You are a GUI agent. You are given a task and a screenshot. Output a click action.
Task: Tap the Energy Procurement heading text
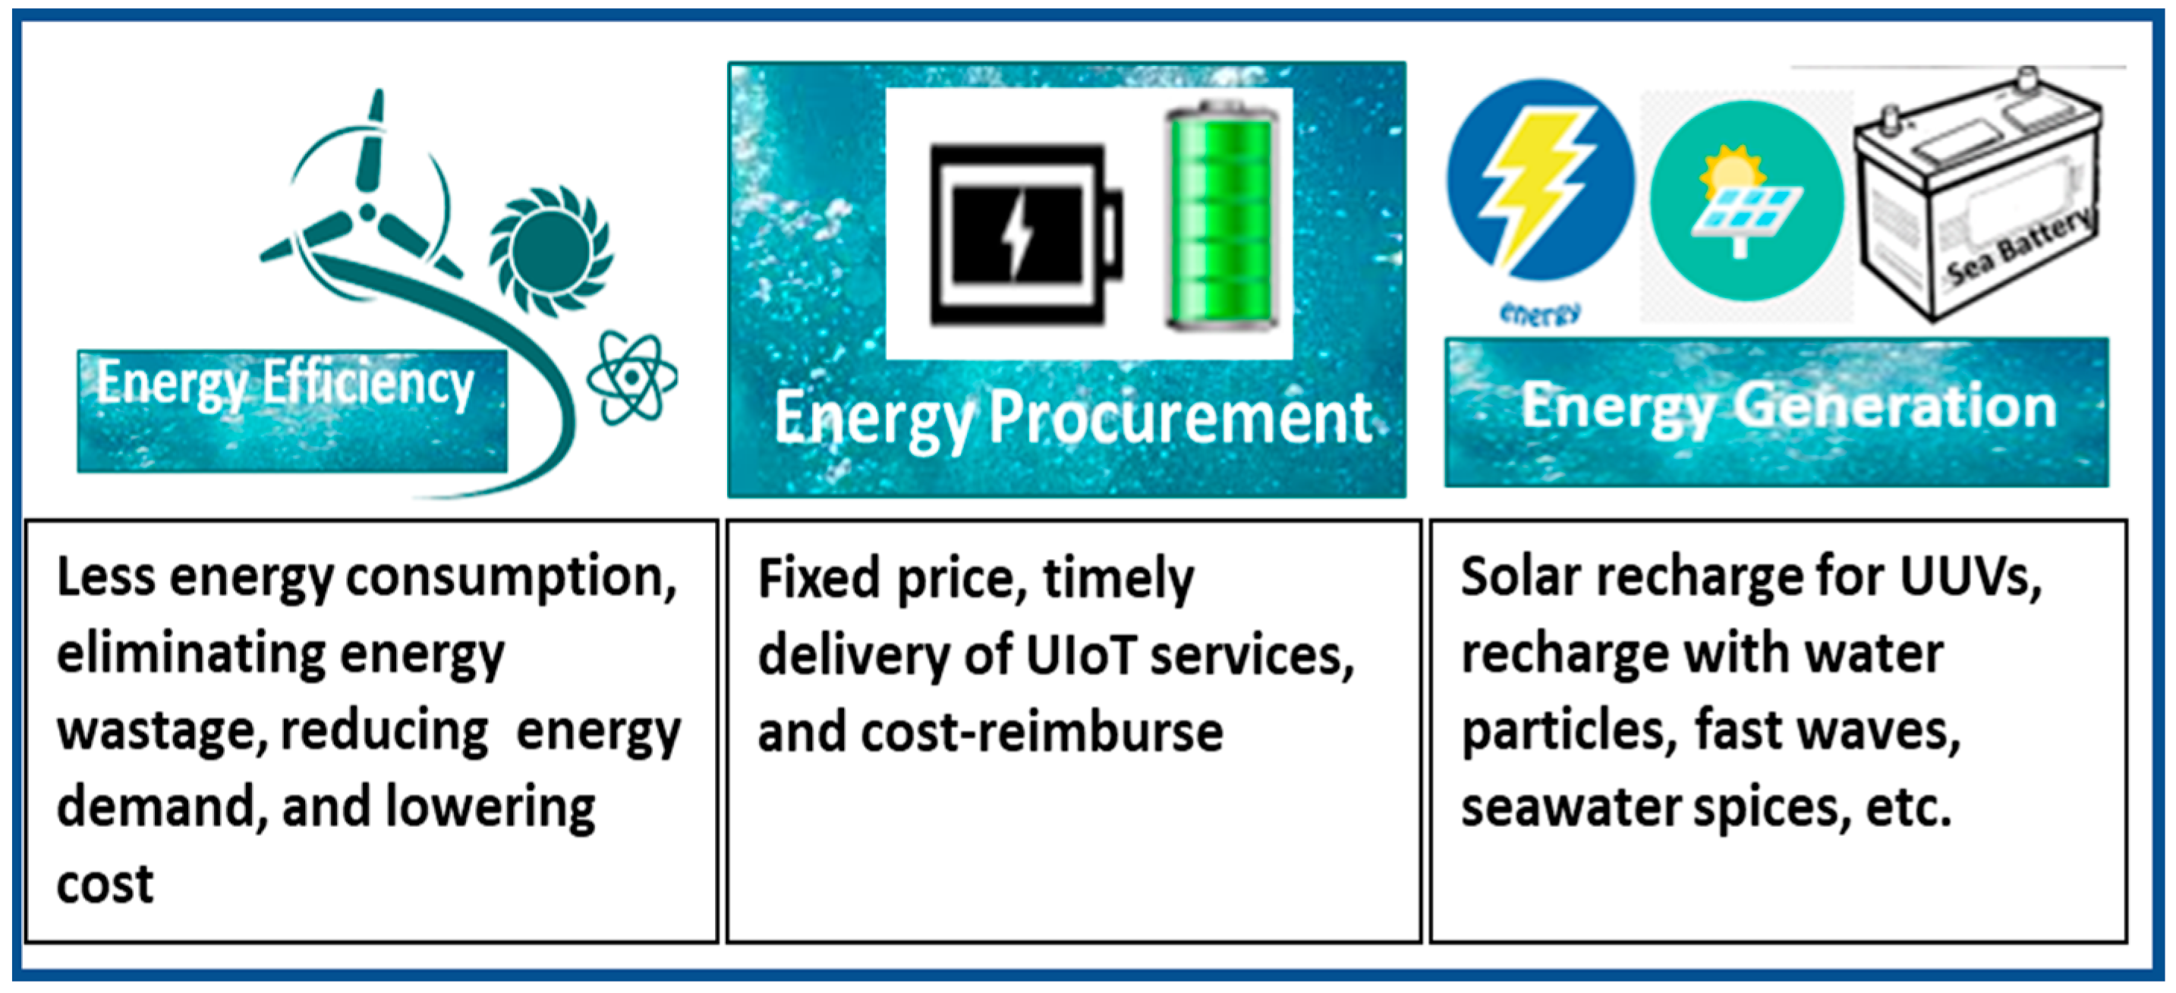(1072, 419)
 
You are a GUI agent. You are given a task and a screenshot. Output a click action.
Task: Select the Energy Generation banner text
(1788, 408)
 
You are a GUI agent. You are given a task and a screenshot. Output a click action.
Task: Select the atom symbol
(631, 378)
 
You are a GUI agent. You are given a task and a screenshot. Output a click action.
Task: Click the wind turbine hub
(367, 210)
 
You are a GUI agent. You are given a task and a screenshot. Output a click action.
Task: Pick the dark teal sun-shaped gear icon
(551, 252)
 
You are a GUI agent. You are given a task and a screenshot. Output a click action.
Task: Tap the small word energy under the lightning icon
(1540, 313)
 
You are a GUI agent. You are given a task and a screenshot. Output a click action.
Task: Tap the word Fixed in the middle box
(818, 578)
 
